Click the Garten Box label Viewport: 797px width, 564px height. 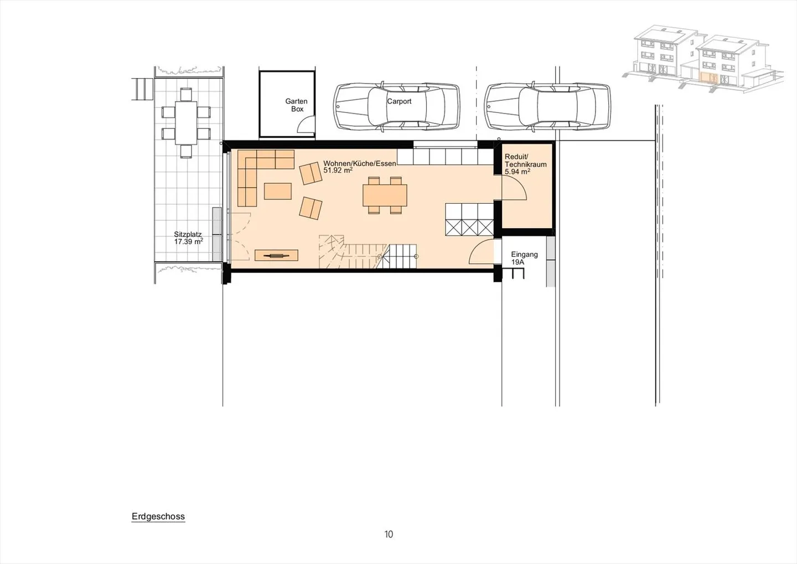(296, 105)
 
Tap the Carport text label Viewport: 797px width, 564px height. (399, 101)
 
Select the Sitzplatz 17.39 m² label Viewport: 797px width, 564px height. (188, 238)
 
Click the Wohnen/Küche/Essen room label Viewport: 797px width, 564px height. (359, 167)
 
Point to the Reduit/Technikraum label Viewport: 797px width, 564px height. (525, 164)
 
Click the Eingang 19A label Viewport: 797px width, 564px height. (524, 258)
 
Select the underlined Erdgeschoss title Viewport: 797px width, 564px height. (158, 516)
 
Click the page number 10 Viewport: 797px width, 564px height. (389, 534)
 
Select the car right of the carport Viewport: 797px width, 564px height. (547, 107)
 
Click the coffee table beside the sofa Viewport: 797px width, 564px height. (278, 191)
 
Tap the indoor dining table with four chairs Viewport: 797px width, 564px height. (385, 195)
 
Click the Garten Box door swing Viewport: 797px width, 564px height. (306, 127)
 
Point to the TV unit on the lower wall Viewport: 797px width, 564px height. (276, 255)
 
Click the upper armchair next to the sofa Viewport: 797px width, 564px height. (310, 174)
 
